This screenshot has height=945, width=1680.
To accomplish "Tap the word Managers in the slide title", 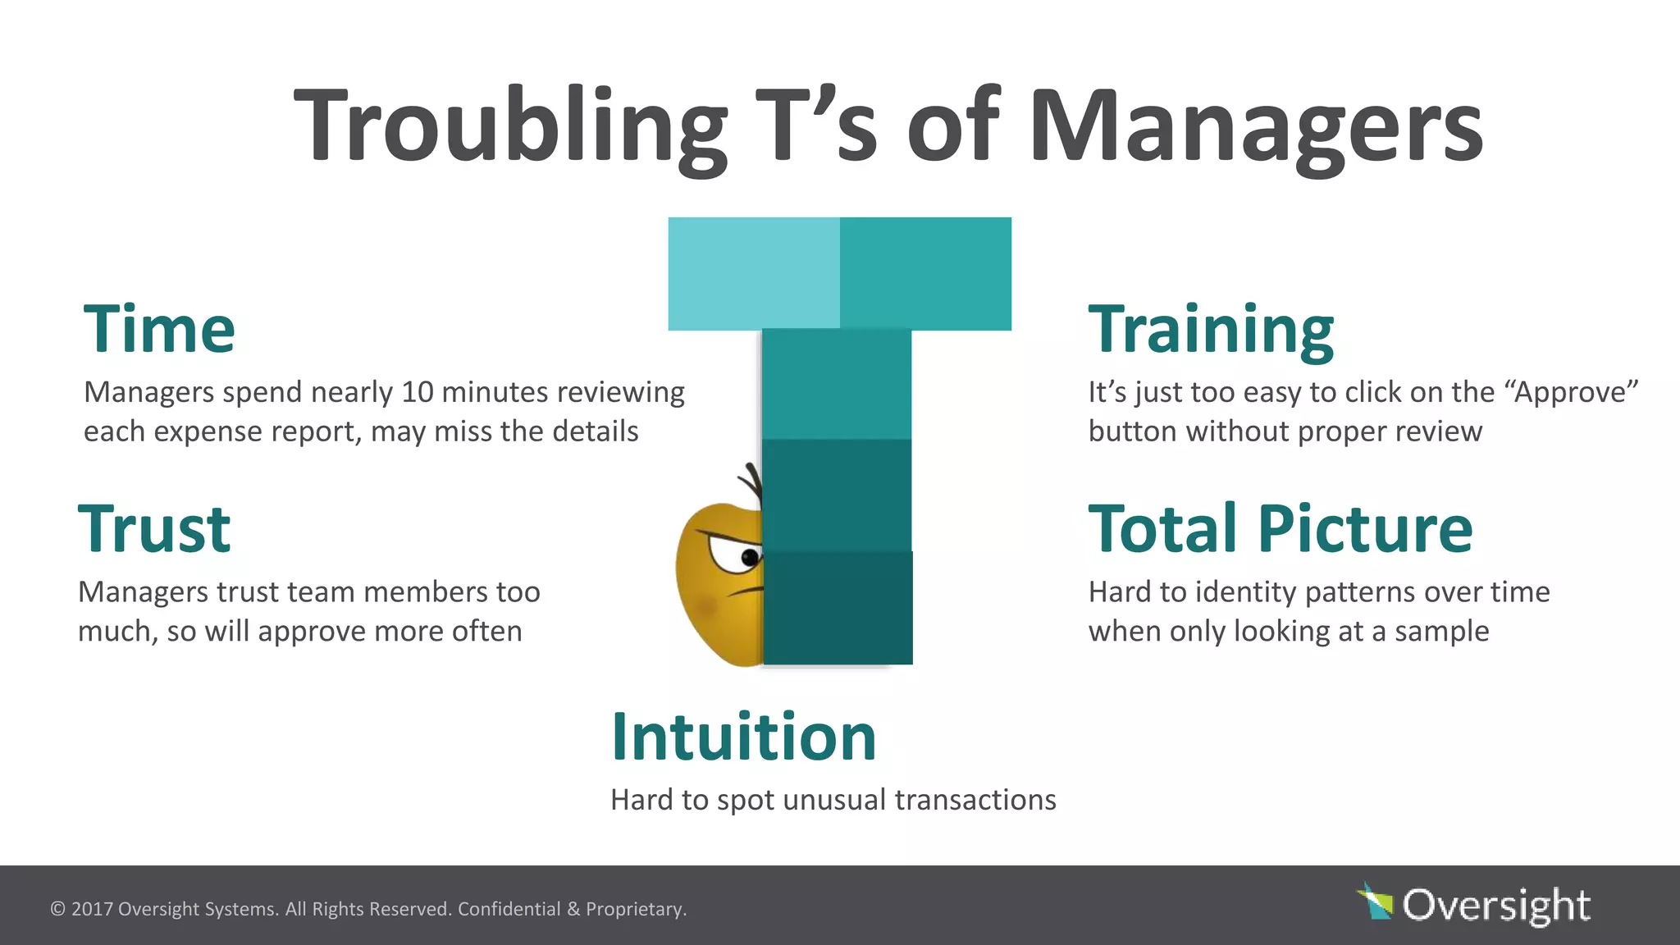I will point(1255,127).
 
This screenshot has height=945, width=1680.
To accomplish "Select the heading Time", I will point(159,330).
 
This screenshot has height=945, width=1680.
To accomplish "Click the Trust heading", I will point(154,530).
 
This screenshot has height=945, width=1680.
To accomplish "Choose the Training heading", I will point(1211,330).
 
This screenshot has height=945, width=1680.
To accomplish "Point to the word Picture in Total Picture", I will point(1365,530).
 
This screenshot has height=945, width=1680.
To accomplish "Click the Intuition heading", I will point(744,737).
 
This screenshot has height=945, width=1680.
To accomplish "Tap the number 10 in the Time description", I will point(417,392).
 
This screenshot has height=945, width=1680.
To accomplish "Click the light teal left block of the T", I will point(754,274).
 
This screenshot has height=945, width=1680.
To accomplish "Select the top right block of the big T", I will point(925,274).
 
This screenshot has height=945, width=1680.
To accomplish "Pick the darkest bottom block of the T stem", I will point(838,608).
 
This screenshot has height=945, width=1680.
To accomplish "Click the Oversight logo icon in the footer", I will point(1376,902).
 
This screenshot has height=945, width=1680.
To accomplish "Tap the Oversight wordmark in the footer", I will point(1496,906).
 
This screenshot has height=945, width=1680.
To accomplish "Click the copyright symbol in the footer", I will point(57,909).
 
